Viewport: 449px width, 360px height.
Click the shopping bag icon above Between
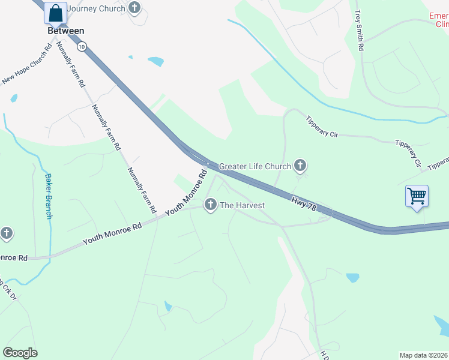point(55,13)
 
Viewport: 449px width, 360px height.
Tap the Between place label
point(66,31)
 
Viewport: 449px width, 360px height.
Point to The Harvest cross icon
point(210,205)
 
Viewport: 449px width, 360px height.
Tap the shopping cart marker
point(417,196)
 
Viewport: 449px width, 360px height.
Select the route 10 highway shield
point(82,46)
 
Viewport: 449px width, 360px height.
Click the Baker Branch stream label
point(48,196)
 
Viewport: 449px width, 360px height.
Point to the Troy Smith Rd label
point(359,30)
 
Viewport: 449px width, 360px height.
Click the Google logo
point(20,353)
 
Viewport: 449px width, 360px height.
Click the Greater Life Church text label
point(255,166)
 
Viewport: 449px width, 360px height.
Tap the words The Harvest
point(243,205)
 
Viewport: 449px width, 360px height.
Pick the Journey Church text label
point(95,8)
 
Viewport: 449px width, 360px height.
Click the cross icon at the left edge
point(6,233)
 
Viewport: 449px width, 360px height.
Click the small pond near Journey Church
point(155,61)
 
